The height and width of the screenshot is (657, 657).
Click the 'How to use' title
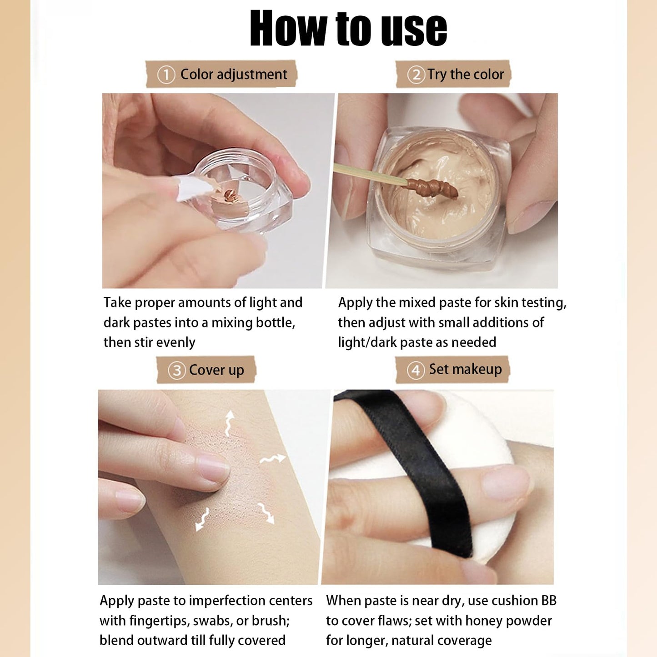pyautogui.click(x=348, y=28)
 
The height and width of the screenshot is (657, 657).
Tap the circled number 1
pyautogui.click(x=166, y=75)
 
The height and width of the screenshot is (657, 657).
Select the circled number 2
pyautogui.click(x=416, y=75)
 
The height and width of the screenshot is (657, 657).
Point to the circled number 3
pyautogui.click(x=176, y=370)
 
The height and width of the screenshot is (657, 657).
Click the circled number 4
pyautogui.click(x=416, y=370)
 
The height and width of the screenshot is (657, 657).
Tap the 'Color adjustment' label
pyautogui.click(x=234, y=74)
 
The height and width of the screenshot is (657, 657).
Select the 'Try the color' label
pyautogui.click(x=466, y=74)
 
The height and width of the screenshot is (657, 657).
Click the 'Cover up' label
pyautogui.click(x=216, y=370)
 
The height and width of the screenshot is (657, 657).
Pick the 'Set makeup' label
pyautogui.click(x=466, y=369)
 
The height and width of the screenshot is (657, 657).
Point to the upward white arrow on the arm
pyautogui.click(x=229, y=423)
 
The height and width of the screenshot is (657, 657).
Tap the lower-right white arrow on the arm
pyautogui.click(x=266, y=513)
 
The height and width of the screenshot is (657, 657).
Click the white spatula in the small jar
pyautogui.click(x=194, y=187)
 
